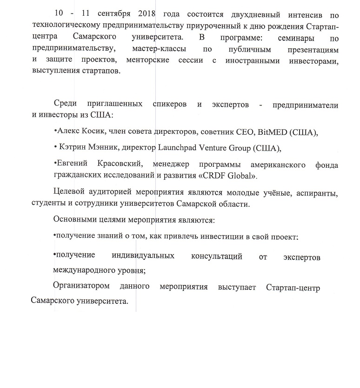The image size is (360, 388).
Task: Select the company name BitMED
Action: point(270,132)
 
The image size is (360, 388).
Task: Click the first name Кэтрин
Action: point(73,148)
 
